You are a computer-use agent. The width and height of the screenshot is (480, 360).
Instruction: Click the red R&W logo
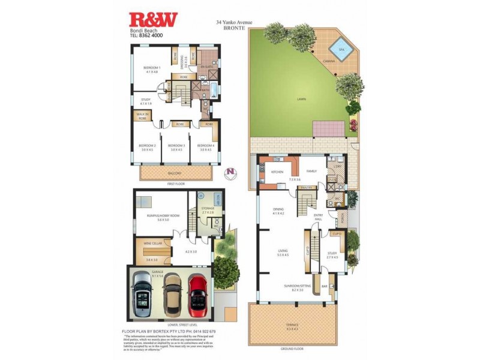(154, 19)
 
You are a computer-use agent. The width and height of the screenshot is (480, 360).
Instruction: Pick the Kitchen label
(277, 172)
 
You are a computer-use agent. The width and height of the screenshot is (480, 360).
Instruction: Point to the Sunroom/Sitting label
(298, 287)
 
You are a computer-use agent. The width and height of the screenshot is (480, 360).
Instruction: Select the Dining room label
(277, 211)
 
